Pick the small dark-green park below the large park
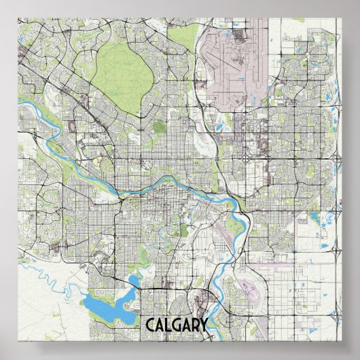(x=160, y=126)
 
